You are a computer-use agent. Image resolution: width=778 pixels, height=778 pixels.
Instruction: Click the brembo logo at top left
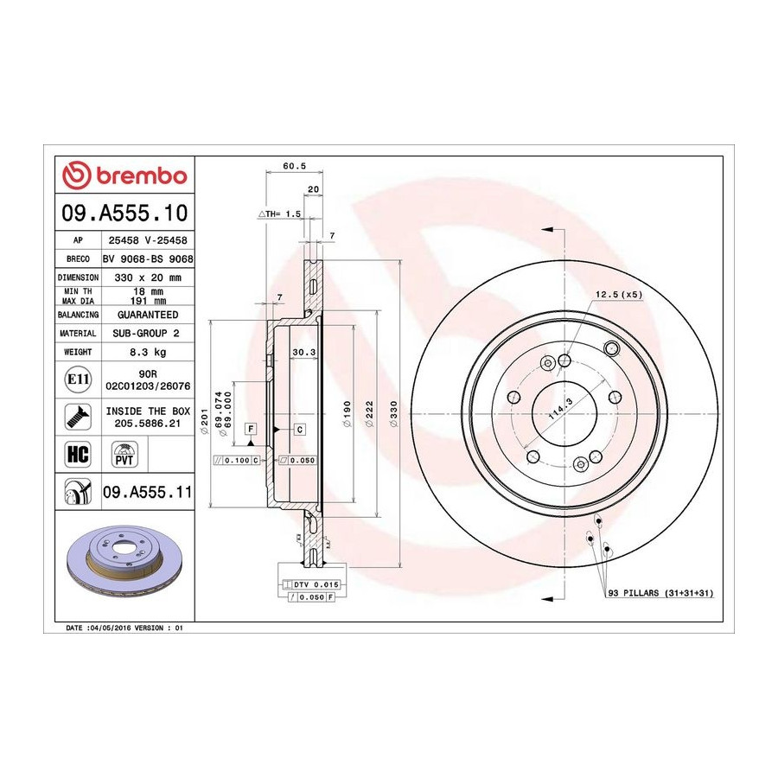pyautogui.click(x=124, y=175)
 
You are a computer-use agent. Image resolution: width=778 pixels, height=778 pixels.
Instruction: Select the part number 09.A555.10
pyautogui.click(x=124, y=213)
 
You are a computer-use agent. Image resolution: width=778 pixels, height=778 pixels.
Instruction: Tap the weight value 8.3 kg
pyautogui.click(x=148, y=352)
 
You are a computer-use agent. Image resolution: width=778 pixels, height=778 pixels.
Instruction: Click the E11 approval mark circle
pyautogui.click(x=78, y=379)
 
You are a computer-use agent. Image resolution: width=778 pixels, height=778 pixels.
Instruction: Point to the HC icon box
pyautogui.click(x=78, y=454)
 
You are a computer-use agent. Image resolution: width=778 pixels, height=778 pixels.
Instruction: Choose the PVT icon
pyautogui.click(x=124, y=454)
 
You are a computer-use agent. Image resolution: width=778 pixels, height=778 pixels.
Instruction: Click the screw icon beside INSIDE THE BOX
pyautogui.click(x=78, y=417)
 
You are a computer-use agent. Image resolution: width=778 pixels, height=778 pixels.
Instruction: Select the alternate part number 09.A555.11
pyautogui.click(x=147, y=492)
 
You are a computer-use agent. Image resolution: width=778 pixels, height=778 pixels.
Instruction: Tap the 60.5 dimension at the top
pyautogui.click(x=294, y=166)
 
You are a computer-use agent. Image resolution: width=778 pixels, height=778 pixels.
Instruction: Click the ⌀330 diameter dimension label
pyautogui.click(x=394, y=414)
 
